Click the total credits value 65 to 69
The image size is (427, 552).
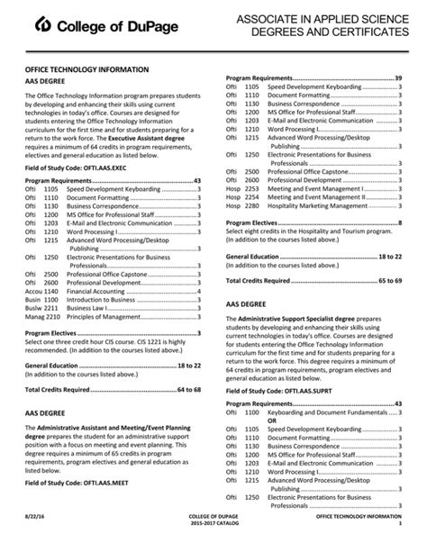[387, 281]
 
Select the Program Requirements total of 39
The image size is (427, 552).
[397, 78]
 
